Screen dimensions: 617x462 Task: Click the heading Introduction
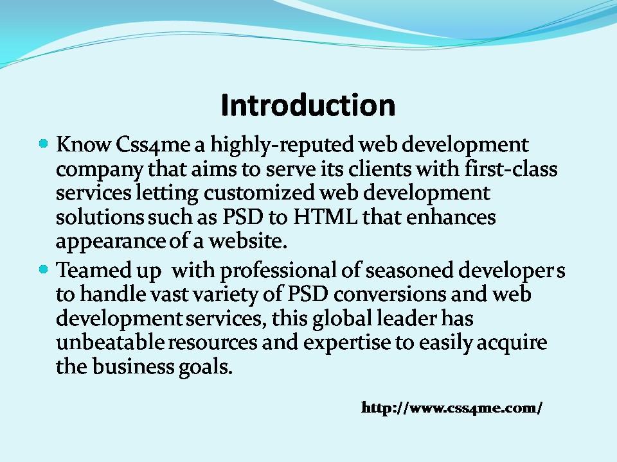(308, 105)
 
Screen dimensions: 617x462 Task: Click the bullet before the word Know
(44, 143)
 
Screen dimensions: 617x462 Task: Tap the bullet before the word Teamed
(44, 269)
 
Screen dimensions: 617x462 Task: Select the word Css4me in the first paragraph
(153, 144)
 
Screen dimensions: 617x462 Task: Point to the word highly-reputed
(282, 146)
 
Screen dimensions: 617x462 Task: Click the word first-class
(511, 169)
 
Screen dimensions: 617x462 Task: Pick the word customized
(258, 193)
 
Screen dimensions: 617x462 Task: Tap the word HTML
(325, 217)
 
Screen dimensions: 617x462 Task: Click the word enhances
(451, 217)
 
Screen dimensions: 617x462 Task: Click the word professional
(278, 271)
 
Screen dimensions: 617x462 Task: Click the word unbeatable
(110, 342)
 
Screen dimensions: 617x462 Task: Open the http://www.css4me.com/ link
(452, 407)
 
